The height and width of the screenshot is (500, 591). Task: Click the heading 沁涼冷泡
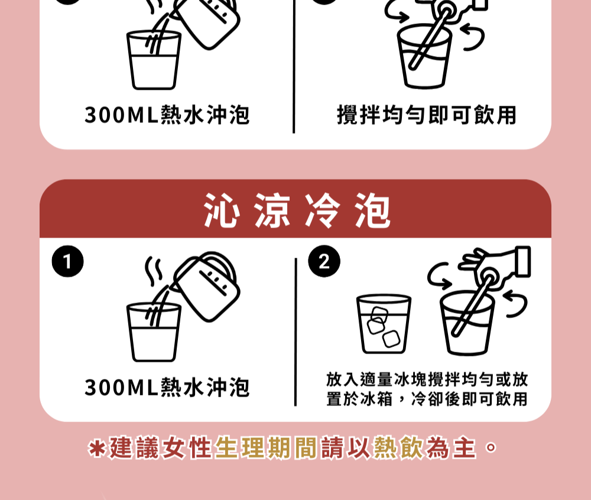(x=297, y=210)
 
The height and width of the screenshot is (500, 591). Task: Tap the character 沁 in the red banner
(x=222, y=210)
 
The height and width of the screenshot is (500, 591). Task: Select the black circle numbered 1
(x=68, y=261)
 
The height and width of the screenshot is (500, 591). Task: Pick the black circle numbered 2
(x=324, y=261)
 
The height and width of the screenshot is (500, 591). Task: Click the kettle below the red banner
(x=206, y=287)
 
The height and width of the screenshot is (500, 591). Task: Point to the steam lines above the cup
(x=154, y=271)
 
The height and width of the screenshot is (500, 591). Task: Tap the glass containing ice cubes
(x=384, y=324)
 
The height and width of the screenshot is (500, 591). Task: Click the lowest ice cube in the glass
(x=391, y=339)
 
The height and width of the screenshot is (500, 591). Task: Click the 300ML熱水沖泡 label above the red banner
(x=167, y=115)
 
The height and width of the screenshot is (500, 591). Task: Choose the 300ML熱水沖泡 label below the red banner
(x=167, y=387)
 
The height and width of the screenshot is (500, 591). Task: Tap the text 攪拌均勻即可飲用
(x=426, y=115)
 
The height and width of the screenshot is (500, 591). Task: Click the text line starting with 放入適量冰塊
(x=427, y=379)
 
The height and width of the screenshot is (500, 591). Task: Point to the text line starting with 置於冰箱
(x=427, y=399)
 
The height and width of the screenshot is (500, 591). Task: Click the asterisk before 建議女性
(x=96, y=449)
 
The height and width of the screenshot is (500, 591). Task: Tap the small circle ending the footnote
(x=491, y=447)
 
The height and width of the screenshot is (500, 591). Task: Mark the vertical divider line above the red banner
(x=294, y=66)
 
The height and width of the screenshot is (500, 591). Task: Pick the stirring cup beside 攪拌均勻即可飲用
(x=424, y=57)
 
